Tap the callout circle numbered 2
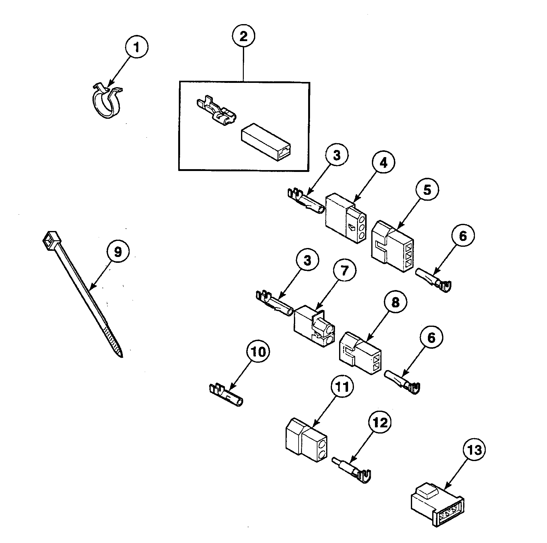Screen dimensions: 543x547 [243, 36]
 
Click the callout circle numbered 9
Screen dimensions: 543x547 [118, 252]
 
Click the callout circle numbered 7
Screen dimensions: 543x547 [344, 271]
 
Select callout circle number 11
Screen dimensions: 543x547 [342, 387]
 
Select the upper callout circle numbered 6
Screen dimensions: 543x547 [463, 237]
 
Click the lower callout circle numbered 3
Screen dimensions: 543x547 [307, 261]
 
